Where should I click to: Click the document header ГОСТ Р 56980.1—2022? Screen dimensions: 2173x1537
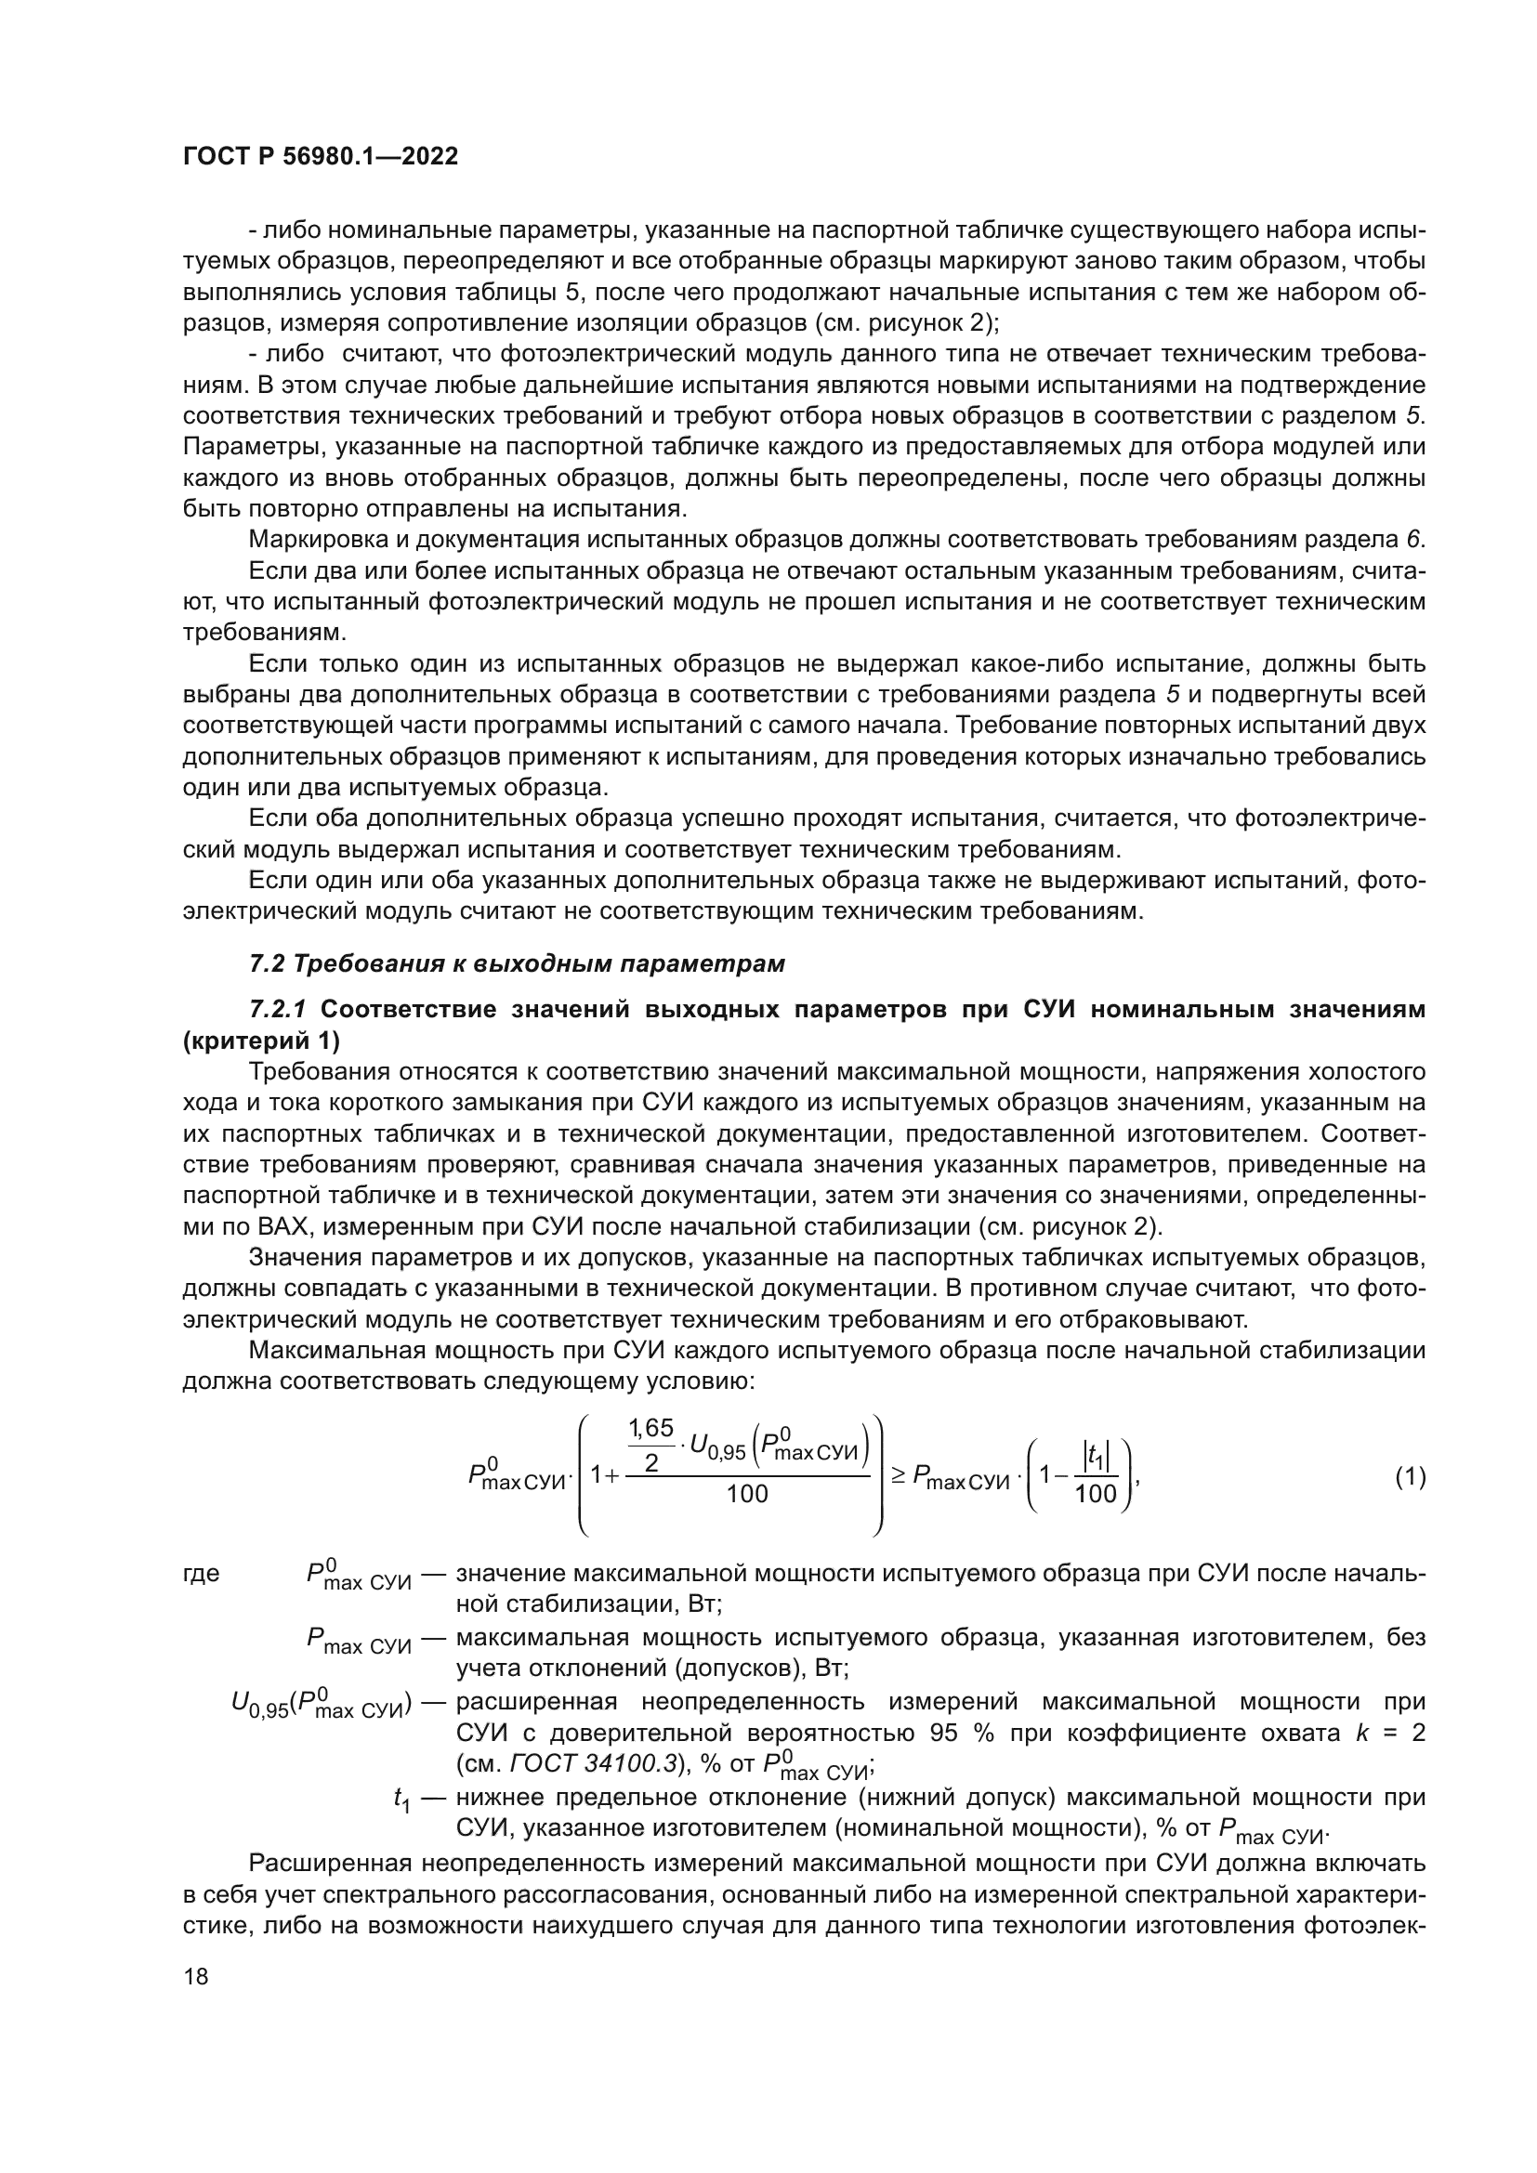[x=320, y=157]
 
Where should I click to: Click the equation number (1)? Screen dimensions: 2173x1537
[x=1410, y=1476]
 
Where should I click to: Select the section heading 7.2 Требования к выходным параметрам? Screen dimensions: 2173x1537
[x=517, y=963]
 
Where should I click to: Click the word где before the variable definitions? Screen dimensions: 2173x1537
[x=201, y=1573]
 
